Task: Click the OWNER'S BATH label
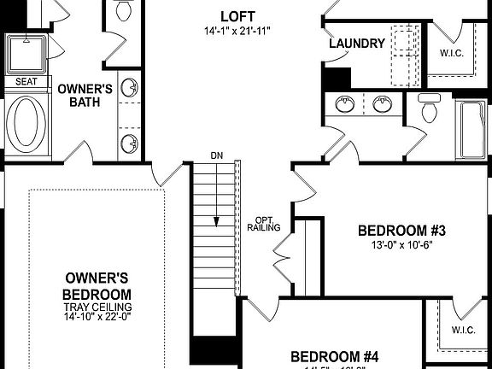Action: (85, 95)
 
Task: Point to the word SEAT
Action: (27, 82)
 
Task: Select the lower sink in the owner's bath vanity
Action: (130, 143)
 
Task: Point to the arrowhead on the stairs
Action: (216, 220)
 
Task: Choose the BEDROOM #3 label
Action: (402, 231)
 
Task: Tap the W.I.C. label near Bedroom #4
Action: (463, 330)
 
